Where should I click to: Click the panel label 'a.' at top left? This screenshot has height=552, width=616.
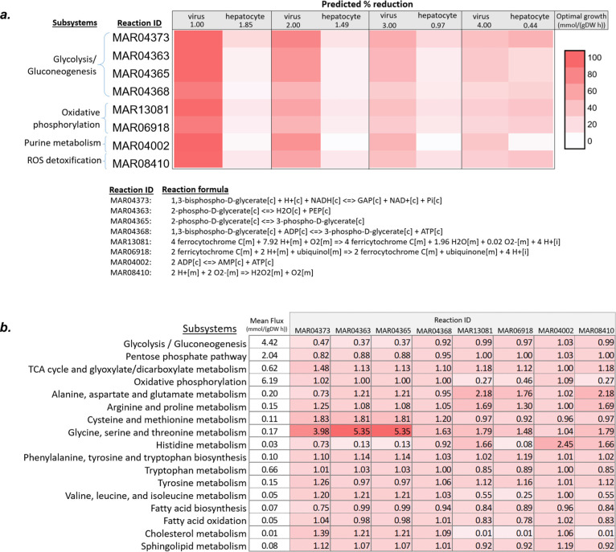point(10,9)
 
